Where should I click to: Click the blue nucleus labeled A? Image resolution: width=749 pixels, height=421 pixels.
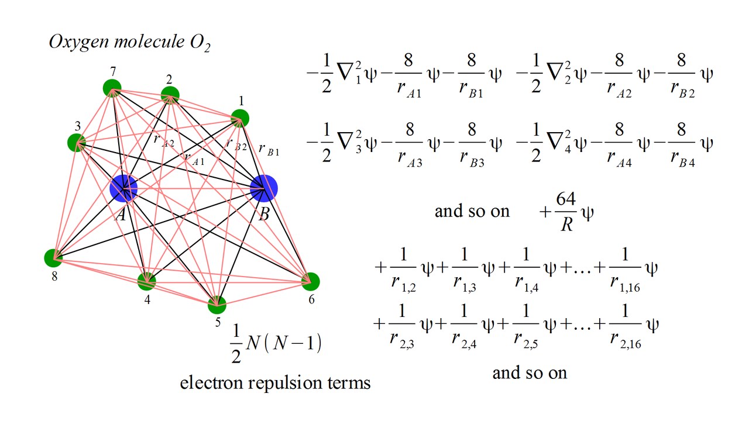click(x=123, y=188)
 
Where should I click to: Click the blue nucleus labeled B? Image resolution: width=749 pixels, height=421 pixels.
click(x=263, y=188)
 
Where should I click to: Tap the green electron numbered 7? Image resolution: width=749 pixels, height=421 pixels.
click(x=112, y=88)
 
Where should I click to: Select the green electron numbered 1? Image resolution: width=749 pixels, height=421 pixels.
click(x=240, y=118)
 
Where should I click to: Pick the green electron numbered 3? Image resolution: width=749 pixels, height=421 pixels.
click(x=76, y=143)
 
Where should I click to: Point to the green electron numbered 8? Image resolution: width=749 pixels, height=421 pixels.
click(x=53, y=258)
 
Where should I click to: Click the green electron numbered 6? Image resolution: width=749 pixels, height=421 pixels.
click(x=310, y=282)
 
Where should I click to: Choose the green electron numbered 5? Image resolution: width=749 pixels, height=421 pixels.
click(x=217, y=305)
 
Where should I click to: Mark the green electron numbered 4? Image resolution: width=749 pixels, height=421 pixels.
click(x=146, y=281)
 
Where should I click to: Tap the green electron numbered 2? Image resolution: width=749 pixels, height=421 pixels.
click(x=170, y=95)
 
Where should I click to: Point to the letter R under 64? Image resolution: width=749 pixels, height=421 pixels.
click(x=566, y=224)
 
